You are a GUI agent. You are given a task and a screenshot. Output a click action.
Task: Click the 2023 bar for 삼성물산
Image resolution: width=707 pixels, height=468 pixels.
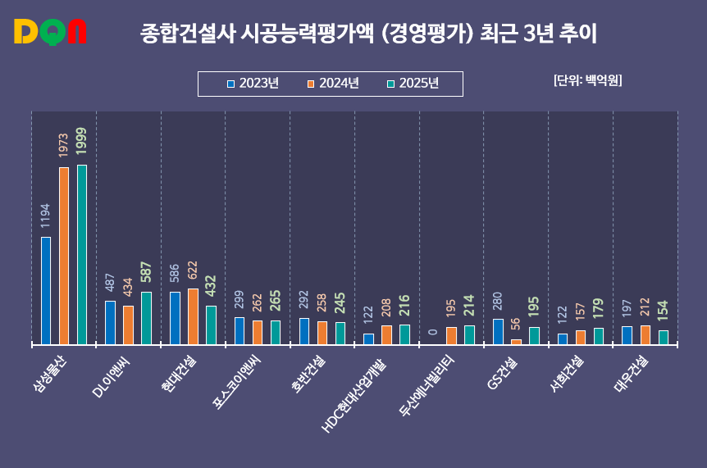tap(46, 290)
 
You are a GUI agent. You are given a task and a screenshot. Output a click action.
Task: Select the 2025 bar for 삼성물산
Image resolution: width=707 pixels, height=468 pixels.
tap(82, 254)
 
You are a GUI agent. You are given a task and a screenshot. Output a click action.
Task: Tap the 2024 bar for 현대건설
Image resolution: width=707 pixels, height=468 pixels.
tap(193, 316)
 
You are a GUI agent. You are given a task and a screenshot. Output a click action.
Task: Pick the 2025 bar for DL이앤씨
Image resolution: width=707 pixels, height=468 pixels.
tap(146, 317)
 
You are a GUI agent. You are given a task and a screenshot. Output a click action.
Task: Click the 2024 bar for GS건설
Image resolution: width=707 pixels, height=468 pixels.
tap(516, 341)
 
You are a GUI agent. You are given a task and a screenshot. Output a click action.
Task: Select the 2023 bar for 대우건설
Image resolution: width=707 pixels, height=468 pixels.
tap(627, 335)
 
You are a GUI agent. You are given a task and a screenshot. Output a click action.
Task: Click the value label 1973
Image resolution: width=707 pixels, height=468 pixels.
tap(63, 145)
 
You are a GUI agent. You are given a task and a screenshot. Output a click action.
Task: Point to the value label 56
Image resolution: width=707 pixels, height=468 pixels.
tap(516, 324)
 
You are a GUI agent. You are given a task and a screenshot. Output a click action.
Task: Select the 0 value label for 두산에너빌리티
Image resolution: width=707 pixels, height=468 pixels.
tap(433, 332)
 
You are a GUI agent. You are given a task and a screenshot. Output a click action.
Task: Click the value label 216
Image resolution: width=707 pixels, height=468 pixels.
tap(404, 306)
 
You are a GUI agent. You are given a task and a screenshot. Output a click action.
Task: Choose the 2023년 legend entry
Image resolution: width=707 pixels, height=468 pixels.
tap(253, 84)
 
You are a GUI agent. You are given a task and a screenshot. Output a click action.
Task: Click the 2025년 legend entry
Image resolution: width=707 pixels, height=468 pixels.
tap(413, 84)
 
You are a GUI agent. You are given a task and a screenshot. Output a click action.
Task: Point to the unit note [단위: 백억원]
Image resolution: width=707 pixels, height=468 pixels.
tap(587, 80)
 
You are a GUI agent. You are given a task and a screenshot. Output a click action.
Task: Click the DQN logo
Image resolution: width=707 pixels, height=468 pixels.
tap(50, 33)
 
